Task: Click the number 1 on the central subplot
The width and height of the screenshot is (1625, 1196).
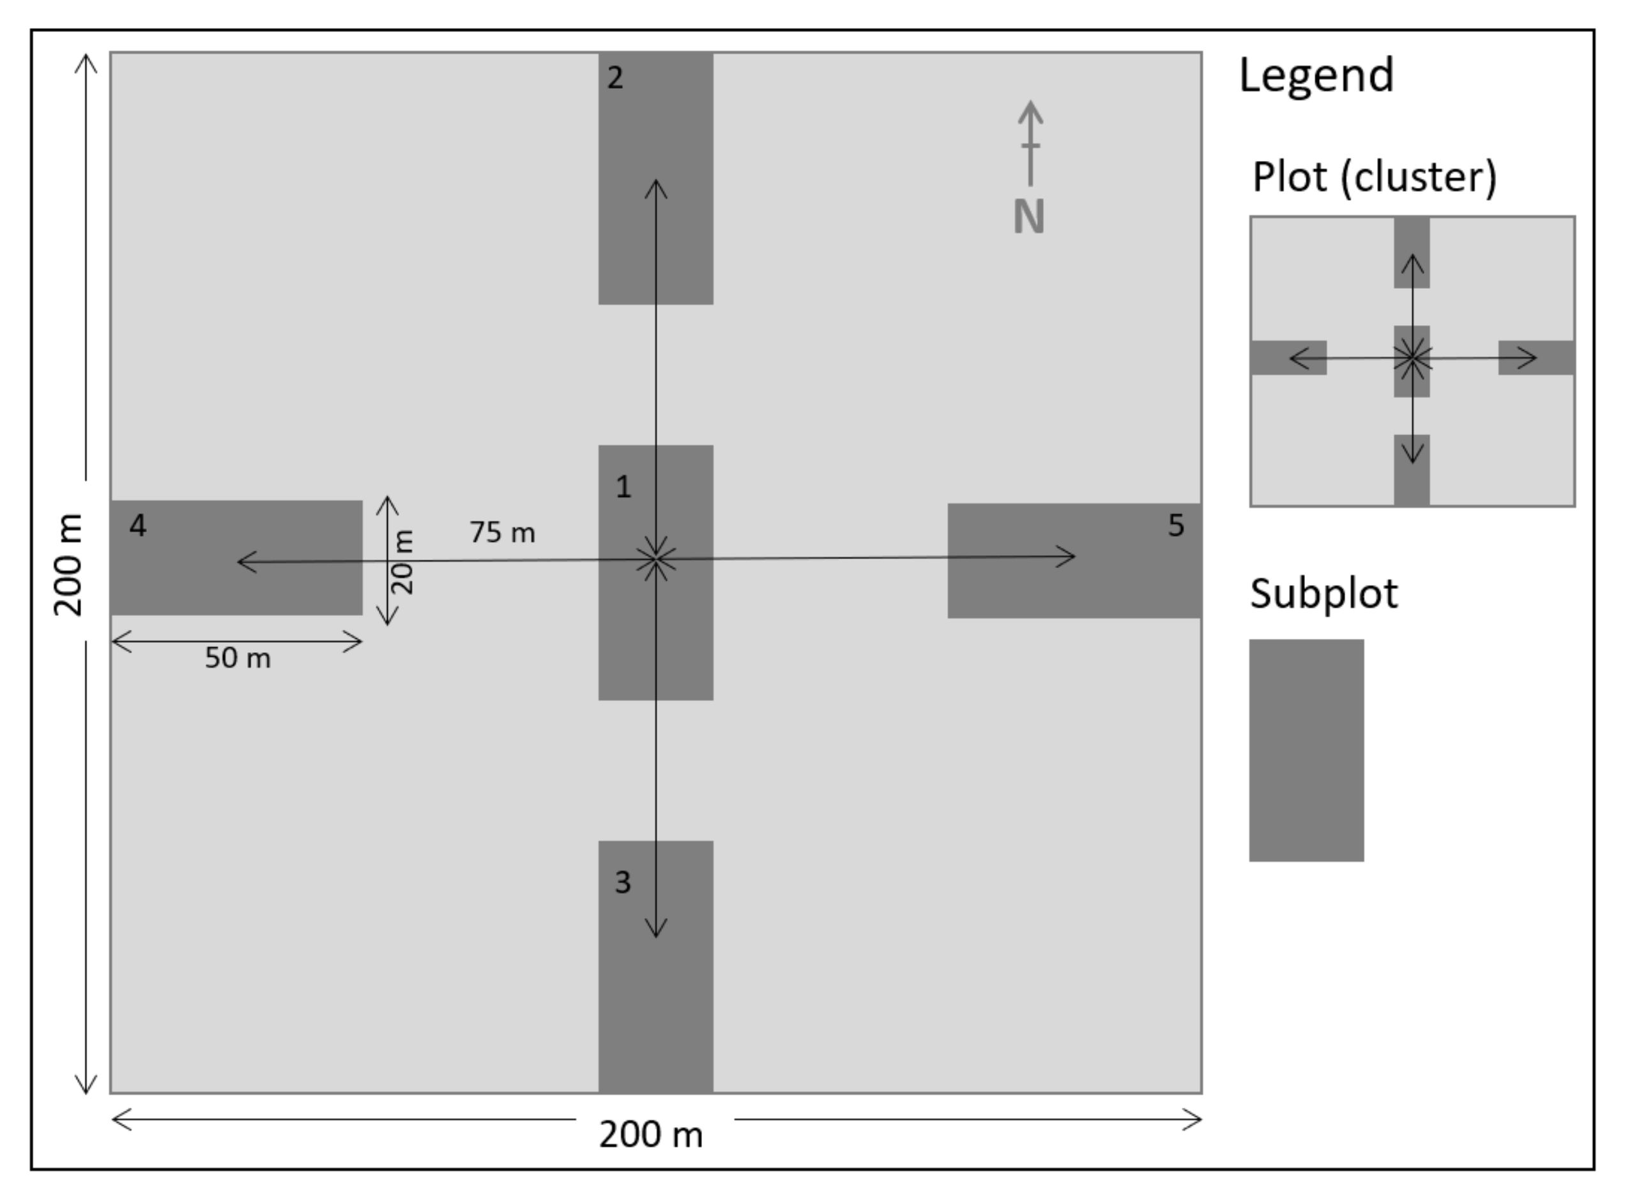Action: tap(623, 487)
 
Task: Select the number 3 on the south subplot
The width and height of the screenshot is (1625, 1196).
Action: tap(623, 882)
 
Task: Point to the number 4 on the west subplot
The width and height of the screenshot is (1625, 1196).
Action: tap(137, 526)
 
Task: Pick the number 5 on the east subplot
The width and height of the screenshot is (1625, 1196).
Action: tap(1175, 526)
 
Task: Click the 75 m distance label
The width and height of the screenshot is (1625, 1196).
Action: tap(502, 533)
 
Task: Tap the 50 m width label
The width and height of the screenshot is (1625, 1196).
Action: tap(238, 658)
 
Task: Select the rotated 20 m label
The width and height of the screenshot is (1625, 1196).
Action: tap(402, 562)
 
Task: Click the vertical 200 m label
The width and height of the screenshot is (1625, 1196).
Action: tap(69, 565)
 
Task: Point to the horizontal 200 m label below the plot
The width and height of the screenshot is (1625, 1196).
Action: tap(651, 1135)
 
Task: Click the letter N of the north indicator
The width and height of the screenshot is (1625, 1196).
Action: tap(1028, 217)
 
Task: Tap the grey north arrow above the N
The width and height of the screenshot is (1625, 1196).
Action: tap(1030, 141)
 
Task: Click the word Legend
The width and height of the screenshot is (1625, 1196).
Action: tap(1316, 75)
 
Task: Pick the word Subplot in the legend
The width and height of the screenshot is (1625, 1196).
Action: tap(1324, 594)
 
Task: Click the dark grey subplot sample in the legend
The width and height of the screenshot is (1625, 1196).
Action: tap(1306, 750)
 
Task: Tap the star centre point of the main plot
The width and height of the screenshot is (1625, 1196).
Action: tap(656, 560)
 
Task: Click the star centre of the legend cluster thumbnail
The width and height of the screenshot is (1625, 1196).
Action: tap(1412, 358)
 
